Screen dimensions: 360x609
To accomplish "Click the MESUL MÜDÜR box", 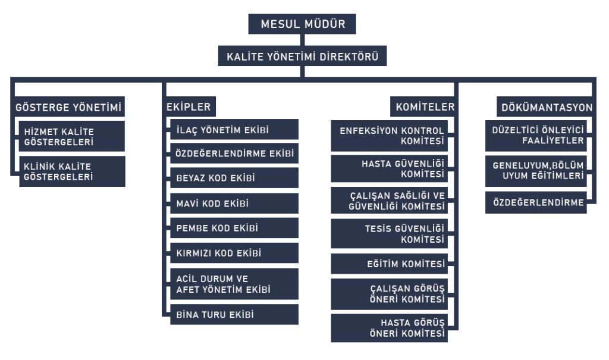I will [302, 24].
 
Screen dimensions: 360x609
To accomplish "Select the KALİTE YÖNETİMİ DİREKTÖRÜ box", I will [302, 58].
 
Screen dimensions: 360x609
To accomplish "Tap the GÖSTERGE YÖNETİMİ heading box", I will [68, 108].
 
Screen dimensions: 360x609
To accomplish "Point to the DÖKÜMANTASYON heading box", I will [545, 108].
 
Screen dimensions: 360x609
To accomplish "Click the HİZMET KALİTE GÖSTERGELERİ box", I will [72, 136].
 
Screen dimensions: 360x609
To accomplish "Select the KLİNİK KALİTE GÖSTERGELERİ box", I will [72, 171].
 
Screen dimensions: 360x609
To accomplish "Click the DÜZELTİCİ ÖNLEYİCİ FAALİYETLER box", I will [535, 136].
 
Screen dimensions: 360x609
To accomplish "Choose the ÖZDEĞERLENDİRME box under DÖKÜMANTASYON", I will [535, 202].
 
